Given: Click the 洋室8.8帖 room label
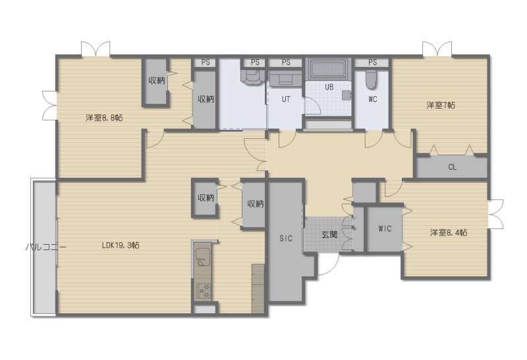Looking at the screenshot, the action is [104, 118].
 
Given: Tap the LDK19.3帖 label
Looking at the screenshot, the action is [121, 245].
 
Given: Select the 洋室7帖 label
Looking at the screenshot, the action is [441, 105].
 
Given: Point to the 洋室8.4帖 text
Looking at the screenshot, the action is [449, 232].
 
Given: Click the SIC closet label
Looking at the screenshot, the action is [286, 238].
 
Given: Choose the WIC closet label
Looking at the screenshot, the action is [385, 228].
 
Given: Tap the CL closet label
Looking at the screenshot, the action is [453, 167].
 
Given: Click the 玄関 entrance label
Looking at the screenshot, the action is [329, 234].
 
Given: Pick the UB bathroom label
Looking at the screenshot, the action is [329, 87].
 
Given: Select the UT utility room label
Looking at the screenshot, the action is [286, 99].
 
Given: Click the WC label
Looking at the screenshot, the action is [372, 99].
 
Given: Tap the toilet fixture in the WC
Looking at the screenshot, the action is [372, 80].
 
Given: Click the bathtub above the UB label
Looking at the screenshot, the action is [327, 69].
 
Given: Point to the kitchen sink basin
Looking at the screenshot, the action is [202, 257].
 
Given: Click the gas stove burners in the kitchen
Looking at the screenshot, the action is [204, 291].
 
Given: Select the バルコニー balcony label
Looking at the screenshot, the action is [45, 247].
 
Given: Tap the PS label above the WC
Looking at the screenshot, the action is [372, 63].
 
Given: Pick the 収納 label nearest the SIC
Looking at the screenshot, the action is [255, 203].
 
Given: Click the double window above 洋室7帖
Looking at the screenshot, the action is [437, 49].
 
